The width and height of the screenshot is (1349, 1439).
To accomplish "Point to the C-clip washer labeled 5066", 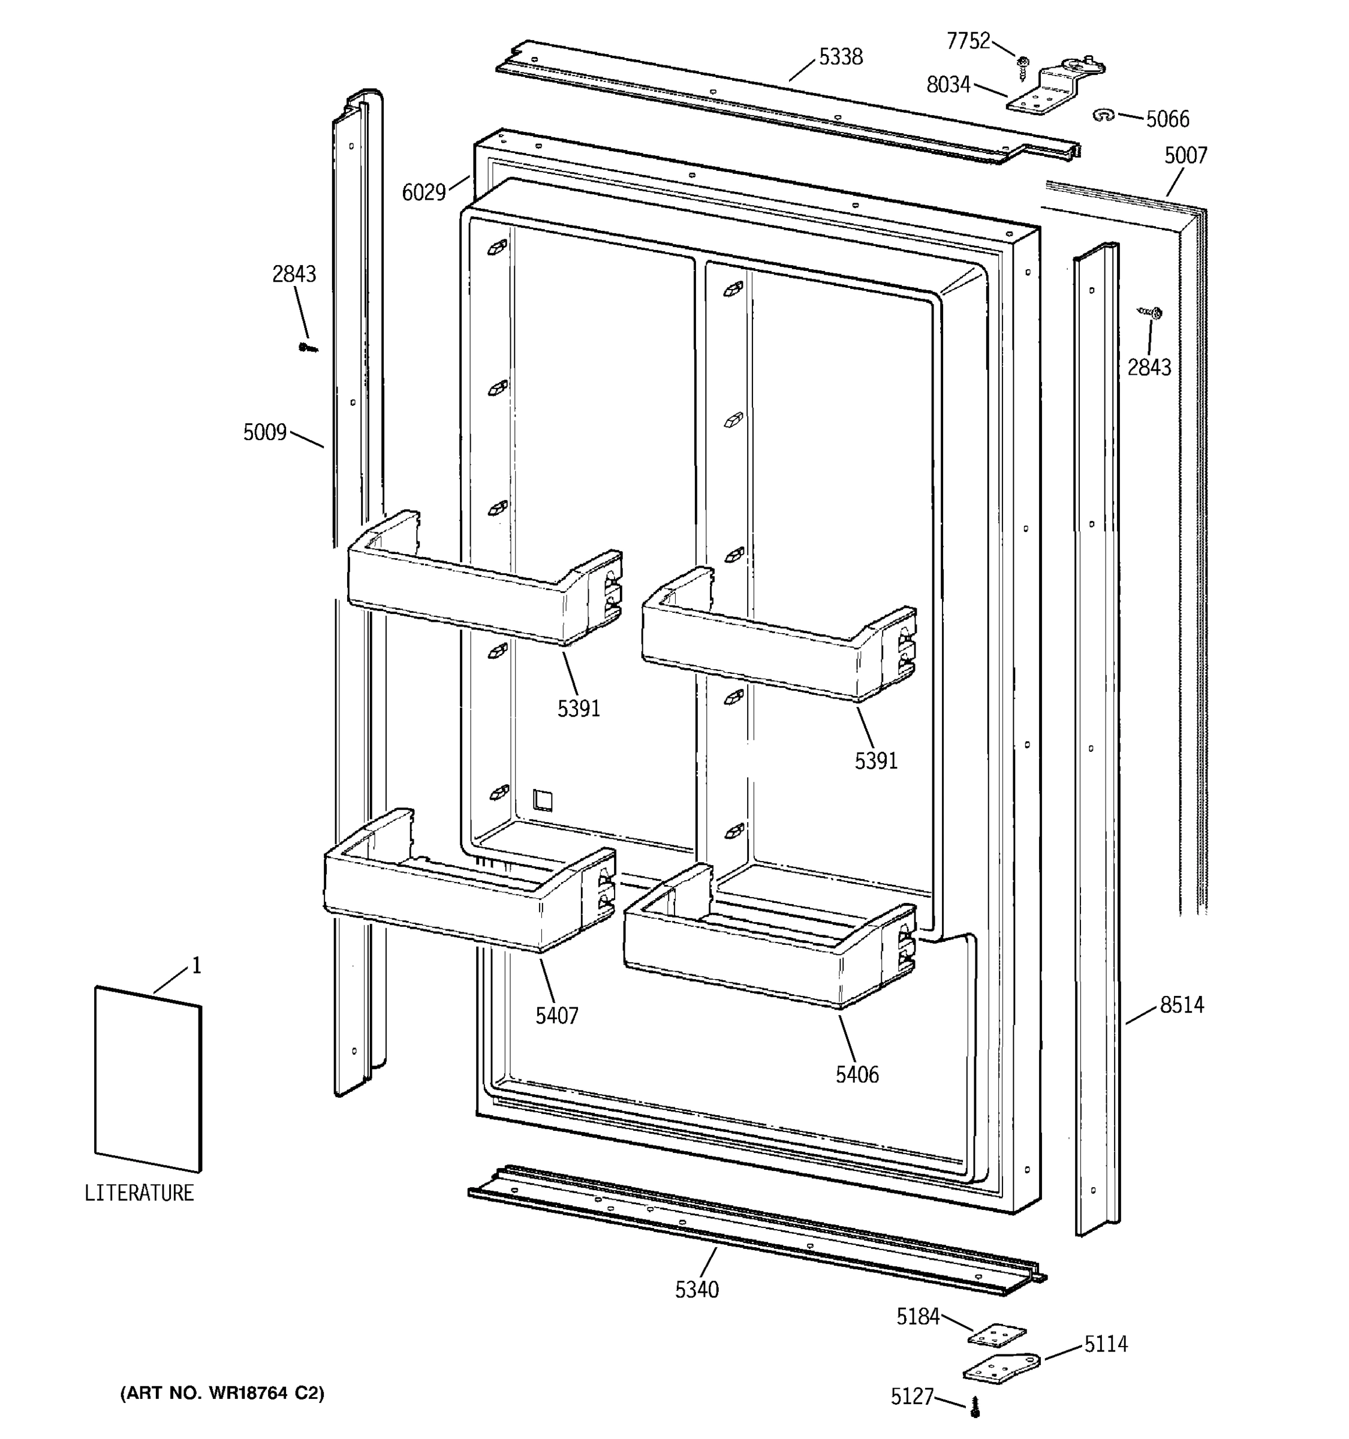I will pos(1103,115).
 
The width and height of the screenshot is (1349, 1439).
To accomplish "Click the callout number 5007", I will pos(1185,156).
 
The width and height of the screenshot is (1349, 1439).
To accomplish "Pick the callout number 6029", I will pos(423,192).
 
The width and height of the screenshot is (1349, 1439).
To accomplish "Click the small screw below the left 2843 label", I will pos(308,347).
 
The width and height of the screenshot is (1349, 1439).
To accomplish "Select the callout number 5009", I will pos(265,433).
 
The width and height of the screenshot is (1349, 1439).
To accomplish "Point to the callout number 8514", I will pos(1181,1005).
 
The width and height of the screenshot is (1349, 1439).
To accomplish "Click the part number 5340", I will pos(696,1289).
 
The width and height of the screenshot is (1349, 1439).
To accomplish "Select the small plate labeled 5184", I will pos(996,1335).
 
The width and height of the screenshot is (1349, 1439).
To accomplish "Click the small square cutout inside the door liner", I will pos(542,799).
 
